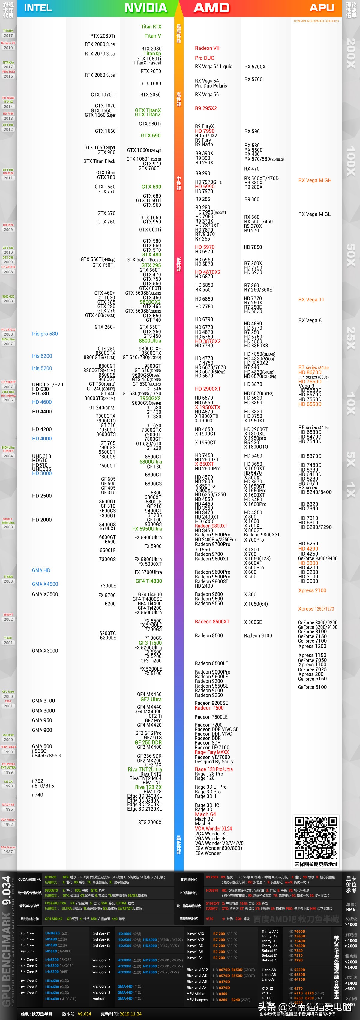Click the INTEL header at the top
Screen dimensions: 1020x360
(x=38, y=8)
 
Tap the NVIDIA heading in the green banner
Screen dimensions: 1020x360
(x=146, y=8)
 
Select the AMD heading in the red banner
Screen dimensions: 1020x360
(x=211, y=8)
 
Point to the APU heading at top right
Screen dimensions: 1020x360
(x=322, y=8)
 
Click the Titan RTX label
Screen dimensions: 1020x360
(x=151, y=26)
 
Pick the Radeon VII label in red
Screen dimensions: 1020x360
(x=207, y=48)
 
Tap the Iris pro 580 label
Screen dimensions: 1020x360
(x=45, y=334)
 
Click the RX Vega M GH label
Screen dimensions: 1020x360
(x=315, y=180)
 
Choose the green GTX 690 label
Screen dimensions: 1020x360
(x=151, y=135)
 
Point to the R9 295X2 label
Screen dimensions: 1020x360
(x=206, y=108)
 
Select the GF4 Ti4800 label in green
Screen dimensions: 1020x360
(x=148, y=581)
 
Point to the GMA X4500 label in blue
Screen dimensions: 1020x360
(x=45, y=584)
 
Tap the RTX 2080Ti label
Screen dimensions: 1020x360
(x=103, y=36)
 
